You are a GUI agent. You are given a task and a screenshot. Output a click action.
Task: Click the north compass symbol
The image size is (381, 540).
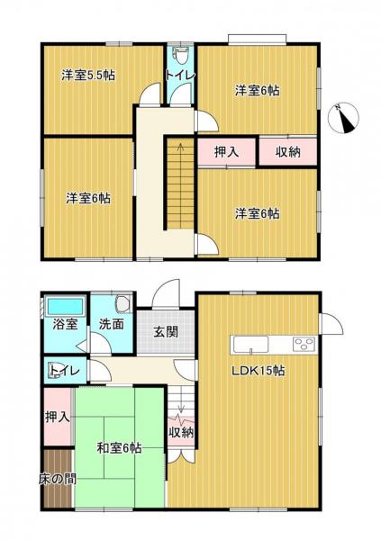(x=343, y=118)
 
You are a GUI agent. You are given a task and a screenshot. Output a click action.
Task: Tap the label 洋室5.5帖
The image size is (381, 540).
(x=88, y=75)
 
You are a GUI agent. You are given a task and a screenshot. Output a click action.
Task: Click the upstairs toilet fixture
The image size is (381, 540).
(x=180, y=56)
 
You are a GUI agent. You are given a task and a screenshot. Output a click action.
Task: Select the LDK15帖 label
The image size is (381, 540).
(x=259, y=371)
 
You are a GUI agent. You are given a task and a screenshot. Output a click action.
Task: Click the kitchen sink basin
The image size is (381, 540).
(x=250, y=345)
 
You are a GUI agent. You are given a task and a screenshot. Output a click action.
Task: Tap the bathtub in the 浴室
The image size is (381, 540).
(x=65, y=306)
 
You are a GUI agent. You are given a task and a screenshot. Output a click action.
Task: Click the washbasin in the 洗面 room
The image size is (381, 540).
(x=123, y=304)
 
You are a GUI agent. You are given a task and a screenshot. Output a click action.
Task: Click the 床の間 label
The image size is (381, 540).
(x=58, y=479)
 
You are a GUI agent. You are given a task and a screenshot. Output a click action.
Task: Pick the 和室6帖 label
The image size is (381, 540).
(x=119, y=448)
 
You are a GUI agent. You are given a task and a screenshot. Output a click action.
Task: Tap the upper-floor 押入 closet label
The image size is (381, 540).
(x=227, y=152)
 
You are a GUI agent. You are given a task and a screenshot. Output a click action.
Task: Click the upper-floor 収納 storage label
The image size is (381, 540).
(x=288, y=152)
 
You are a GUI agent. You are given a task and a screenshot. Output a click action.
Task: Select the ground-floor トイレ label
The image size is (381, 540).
(x=65, y=371)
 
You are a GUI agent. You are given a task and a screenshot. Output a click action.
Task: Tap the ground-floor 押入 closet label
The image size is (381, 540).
(x=58, y=418)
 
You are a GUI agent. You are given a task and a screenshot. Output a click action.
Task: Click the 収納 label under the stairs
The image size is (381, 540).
(x=181, y=433)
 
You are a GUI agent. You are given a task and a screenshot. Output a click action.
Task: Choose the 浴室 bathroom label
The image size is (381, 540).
(x=65, y=324)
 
